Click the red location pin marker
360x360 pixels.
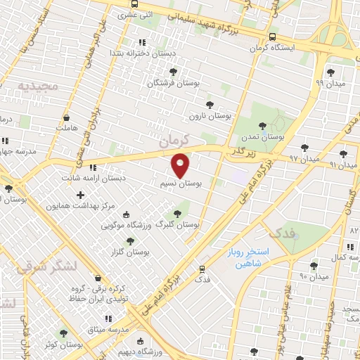pos(181,165)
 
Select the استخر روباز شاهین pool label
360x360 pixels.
pos(255,257)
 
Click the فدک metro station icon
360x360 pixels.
pos(202,269)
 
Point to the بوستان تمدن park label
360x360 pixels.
pos(261,138)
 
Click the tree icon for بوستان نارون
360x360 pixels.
pos(209,105)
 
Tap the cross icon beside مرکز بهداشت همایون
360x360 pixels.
pos(80,195)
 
